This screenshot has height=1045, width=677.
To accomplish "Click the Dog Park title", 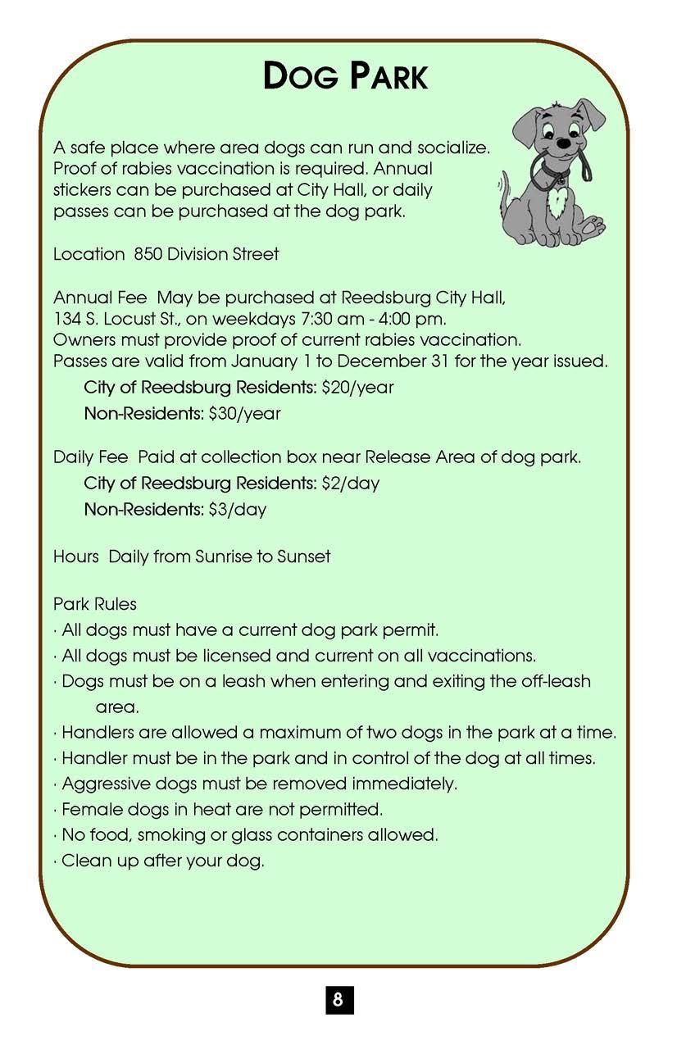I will click(345, 76).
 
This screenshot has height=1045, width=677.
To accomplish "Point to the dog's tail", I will click(506, 190).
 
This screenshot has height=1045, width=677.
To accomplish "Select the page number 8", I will click(338, 1000).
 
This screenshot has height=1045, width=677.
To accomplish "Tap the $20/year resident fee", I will click(358, 387).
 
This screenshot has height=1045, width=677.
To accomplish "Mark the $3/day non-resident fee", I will click(237, 509).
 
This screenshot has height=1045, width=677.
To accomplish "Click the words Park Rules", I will click(95, 604).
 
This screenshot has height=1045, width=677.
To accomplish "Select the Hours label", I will click(76, 557).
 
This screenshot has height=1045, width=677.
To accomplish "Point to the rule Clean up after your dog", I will click(163, 861).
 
